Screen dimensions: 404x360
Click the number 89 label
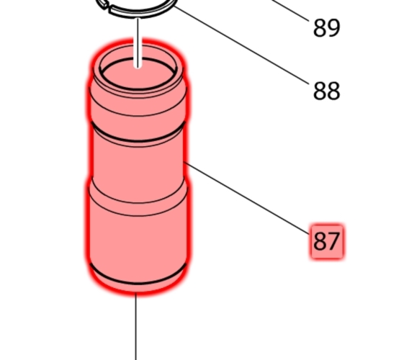326,28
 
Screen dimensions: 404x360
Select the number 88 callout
326,91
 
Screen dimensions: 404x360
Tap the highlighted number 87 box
327,241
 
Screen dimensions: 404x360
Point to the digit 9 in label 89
333,28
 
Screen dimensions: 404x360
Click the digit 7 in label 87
333,241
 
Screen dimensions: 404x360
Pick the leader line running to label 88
241,45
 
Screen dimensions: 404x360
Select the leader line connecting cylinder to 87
246,198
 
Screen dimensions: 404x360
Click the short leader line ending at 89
290,10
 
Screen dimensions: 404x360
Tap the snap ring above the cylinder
137,10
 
